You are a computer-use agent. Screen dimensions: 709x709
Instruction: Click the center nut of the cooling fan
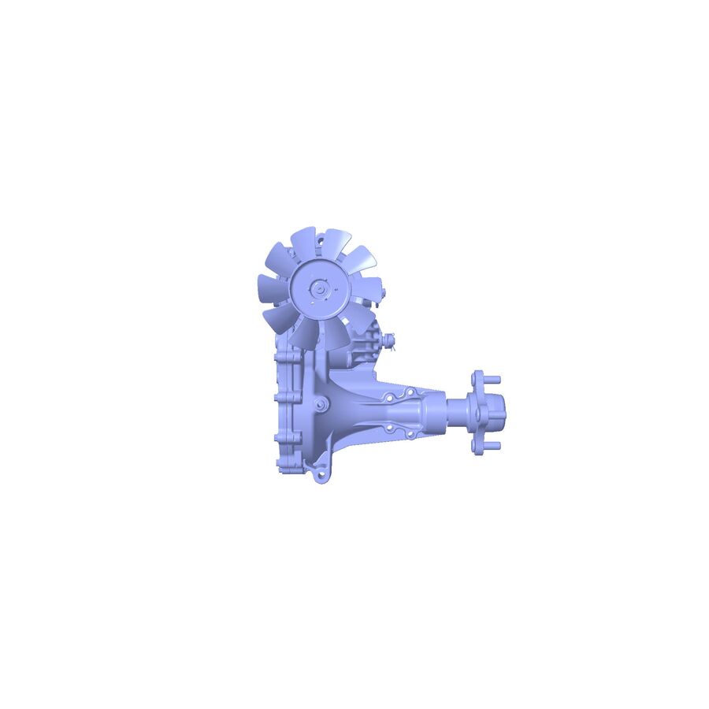point(321,289)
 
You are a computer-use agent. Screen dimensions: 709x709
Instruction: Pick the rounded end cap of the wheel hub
point(499,413)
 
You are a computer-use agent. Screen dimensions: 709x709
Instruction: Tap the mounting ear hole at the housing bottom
point(321,476)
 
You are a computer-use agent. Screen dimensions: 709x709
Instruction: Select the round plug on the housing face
point(320,406)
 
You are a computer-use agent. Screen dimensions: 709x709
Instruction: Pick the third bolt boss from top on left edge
point(280,437)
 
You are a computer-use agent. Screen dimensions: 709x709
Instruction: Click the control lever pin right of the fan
point(392,341)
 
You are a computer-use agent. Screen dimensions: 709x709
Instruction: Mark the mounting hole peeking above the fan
point(321,234)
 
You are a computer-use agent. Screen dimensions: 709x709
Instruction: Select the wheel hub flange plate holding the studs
point(477,413)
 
